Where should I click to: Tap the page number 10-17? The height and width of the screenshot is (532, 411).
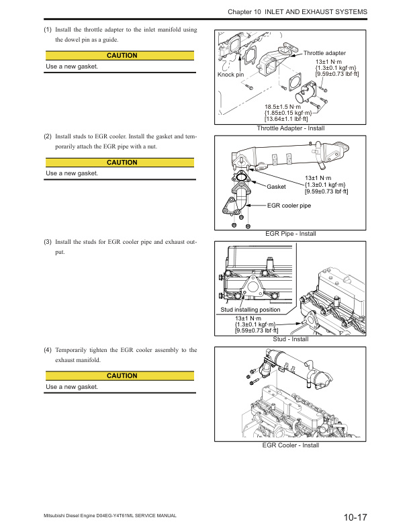(355, 517)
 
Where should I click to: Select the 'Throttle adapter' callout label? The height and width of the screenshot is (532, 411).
(325, 52)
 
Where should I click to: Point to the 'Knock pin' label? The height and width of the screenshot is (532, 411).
(230, 75)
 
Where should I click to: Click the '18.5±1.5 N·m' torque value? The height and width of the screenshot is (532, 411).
(285, 106)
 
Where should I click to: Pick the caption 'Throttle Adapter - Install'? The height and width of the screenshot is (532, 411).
(291, 128)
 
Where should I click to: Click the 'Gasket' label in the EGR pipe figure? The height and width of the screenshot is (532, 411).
(277, 186)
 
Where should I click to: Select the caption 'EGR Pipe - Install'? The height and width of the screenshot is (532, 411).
(291, 234)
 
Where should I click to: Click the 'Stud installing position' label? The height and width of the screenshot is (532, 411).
(250, 310)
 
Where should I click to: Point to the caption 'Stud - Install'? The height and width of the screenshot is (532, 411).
(291, 339)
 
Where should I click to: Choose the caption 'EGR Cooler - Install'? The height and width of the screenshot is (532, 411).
(291, 445)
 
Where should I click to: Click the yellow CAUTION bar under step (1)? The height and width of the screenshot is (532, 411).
(121, 56)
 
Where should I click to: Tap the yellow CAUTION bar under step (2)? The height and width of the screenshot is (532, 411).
(121, 163)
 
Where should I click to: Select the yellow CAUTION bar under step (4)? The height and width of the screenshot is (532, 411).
(121, 376)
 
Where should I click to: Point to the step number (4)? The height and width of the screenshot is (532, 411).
(48, 350)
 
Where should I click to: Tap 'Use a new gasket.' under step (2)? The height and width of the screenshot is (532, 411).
(72, 173)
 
